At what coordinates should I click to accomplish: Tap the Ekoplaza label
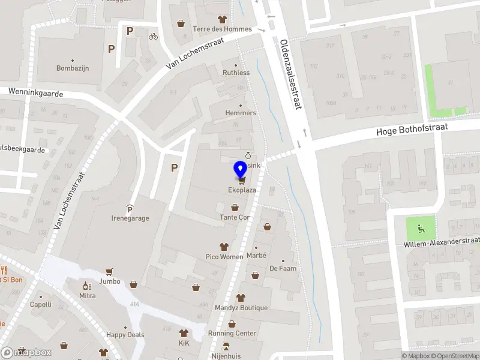click(x=241, y=191)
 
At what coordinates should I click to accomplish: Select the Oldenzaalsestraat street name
click(x=290, y=74)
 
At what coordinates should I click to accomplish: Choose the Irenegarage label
click(x=130, y=218)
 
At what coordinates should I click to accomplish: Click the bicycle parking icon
click(x=153, y=36)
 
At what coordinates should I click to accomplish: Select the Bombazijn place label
click(x=73, y=68)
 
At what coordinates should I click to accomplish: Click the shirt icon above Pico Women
click(x=224, y=247)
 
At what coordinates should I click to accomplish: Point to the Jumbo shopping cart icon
click(x=109, y=272)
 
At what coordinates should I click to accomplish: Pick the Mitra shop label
click(x=88, y=296)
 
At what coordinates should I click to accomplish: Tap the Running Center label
click(x=232, y=334)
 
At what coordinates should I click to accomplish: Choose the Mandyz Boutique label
click(x=241, y=308)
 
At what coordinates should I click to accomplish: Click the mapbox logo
click(x=26, y=352)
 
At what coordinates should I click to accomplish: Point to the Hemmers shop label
click(x=241, y=113)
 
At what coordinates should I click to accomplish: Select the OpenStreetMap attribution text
click(x=454, y=356)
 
